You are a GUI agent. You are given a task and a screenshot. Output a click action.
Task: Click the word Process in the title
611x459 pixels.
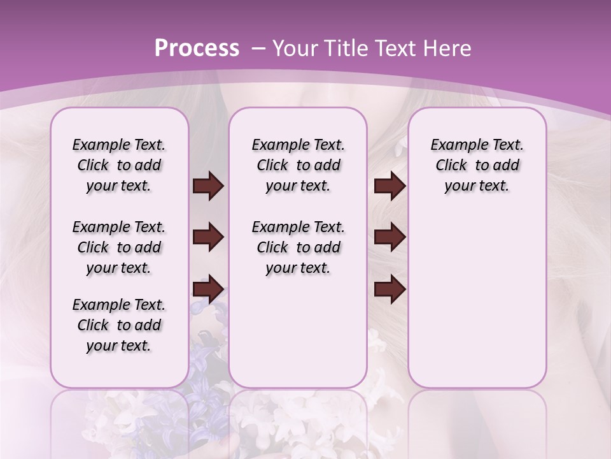pos(197,48)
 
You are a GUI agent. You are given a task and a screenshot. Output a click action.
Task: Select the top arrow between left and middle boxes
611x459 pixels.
pos(208,186)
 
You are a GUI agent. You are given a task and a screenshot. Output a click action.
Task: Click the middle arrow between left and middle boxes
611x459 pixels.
pos(208,237)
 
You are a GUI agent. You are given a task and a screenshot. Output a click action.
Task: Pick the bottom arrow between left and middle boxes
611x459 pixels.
pos(208,289)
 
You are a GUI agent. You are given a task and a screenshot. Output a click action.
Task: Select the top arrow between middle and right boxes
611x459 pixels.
pos(390,186)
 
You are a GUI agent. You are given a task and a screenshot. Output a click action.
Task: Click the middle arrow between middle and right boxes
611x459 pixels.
pos(390,237)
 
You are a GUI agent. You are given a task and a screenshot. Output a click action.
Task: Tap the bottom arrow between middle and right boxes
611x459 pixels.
pos(390,289)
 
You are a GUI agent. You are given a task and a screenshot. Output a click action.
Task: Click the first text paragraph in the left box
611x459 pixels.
pos(119,165)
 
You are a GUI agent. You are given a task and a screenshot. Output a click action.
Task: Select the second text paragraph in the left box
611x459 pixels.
pos(119,247)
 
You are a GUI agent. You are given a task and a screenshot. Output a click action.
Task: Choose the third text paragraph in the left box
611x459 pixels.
pos(119,325)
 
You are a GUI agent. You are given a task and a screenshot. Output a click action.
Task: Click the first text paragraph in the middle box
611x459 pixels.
pos(298,165)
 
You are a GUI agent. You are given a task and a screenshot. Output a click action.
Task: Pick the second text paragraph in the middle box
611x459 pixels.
pos(298,247)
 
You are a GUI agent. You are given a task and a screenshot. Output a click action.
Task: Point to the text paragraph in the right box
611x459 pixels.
pos(477,165)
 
